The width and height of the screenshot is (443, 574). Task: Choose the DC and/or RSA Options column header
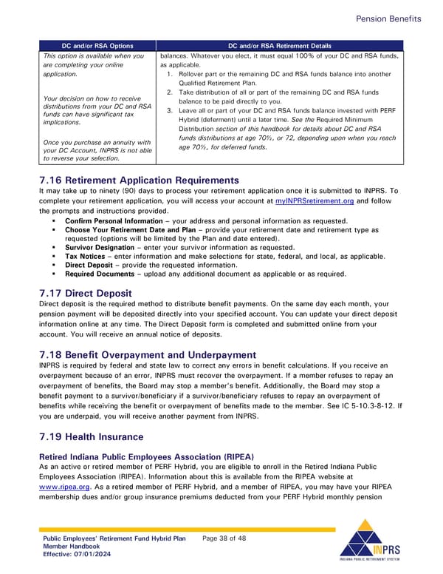tap(97, 45)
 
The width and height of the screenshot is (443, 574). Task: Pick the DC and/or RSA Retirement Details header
tap(280, 45)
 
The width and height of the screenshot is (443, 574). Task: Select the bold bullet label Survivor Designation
tap(100, 247)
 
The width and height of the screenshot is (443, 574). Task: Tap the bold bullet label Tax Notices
tap(85, 256)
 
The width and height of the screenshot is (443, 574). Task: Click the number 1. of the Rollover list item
tap(170, 74)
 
